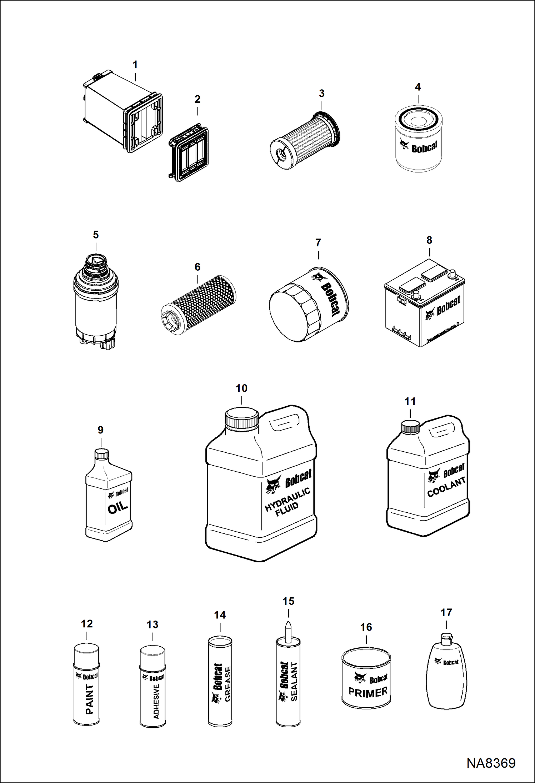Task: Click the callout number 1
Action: click(135, 65)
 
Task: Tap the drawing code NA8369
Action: click(491, 763)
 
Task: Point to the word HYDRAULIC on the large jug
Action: click(287, 500)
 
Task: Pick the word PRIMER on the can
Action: click(368, 692)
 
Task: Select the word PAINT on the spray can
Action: click(89, 699)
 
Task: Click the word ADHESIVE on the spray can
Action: click(156, 701)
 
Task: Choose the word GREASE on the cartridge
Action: click(228, 684)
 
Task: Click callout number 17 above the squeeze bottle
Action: click(446, 613)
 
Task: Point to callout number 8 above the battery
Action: click(429, 240)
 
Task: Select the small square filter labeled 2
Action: click(189, 152)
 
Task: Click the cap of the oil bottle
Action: click(101, 454)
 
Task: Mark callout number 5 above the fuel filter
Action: click(96, 235)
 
